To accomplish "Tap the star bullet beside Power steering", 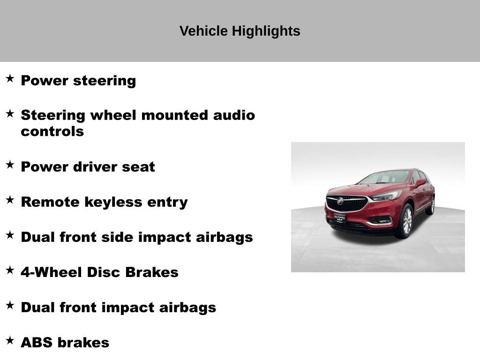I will point(10,78).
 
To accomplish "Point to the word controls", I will point(52,131).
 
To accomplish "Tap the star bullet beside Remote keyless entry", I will point(10,200).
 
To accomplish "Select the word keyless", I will point(120,202).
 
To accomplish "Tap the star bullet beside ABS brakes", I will point(10,340).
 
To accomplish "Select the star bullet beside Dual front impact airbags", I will point(10,305).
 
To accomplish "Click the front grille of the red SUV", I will point(347,203).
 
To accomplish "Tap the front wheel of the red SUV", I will point(405,221).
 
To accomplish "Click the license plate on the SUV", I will point(340,217).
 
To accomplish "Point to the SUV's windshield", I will point(386,177).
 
